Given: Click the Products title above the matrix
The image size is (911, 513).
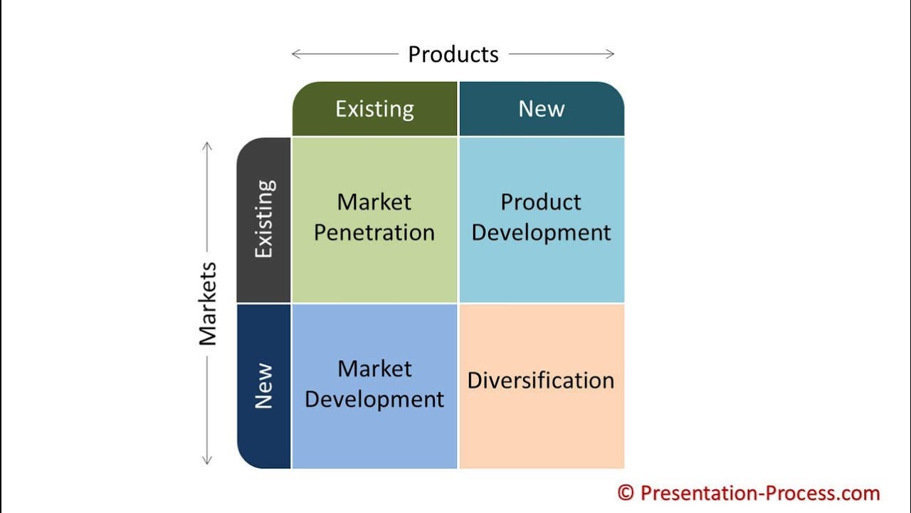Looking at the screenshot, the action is pos(453,54).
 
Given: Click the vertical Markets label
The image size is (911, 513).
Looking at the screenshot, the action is pos(208,304).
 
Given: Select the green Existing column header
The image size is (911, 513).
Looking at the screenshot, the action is pos(374,109).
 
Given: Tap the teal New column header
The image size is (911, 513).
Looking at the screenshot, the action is pos(542,109).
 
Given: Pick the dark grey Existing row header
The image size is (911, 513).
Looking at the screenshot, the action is pos(264,219).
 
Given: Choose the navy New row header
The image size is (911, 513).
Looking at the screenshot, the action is pos(264,385).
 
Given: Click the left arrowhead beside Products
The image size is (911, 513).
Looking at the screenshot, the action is pos(295,54).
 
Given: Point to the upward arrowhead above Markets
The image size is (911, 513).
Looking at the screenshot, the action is pos(207,145).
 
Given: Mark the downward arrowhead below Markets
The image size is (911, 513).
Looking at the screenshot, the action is pos(207,461).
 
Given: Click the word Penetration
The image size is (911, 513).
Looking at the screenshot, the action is pos(374,233).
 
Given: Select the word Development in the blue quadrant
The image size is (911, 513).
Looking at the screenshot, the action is pos(374,399).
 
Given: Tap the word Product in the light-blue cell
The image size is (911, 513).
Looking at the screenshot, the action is pos(541,202).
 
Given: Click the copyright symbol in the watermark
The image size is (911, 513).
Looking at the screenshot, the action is pos(625,492).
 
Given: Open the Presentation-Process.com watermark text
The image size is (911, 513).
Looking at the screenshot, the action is pos(759,492).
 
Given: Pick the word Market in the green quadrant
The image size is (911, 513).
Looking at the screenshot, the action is pos(374,202).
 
